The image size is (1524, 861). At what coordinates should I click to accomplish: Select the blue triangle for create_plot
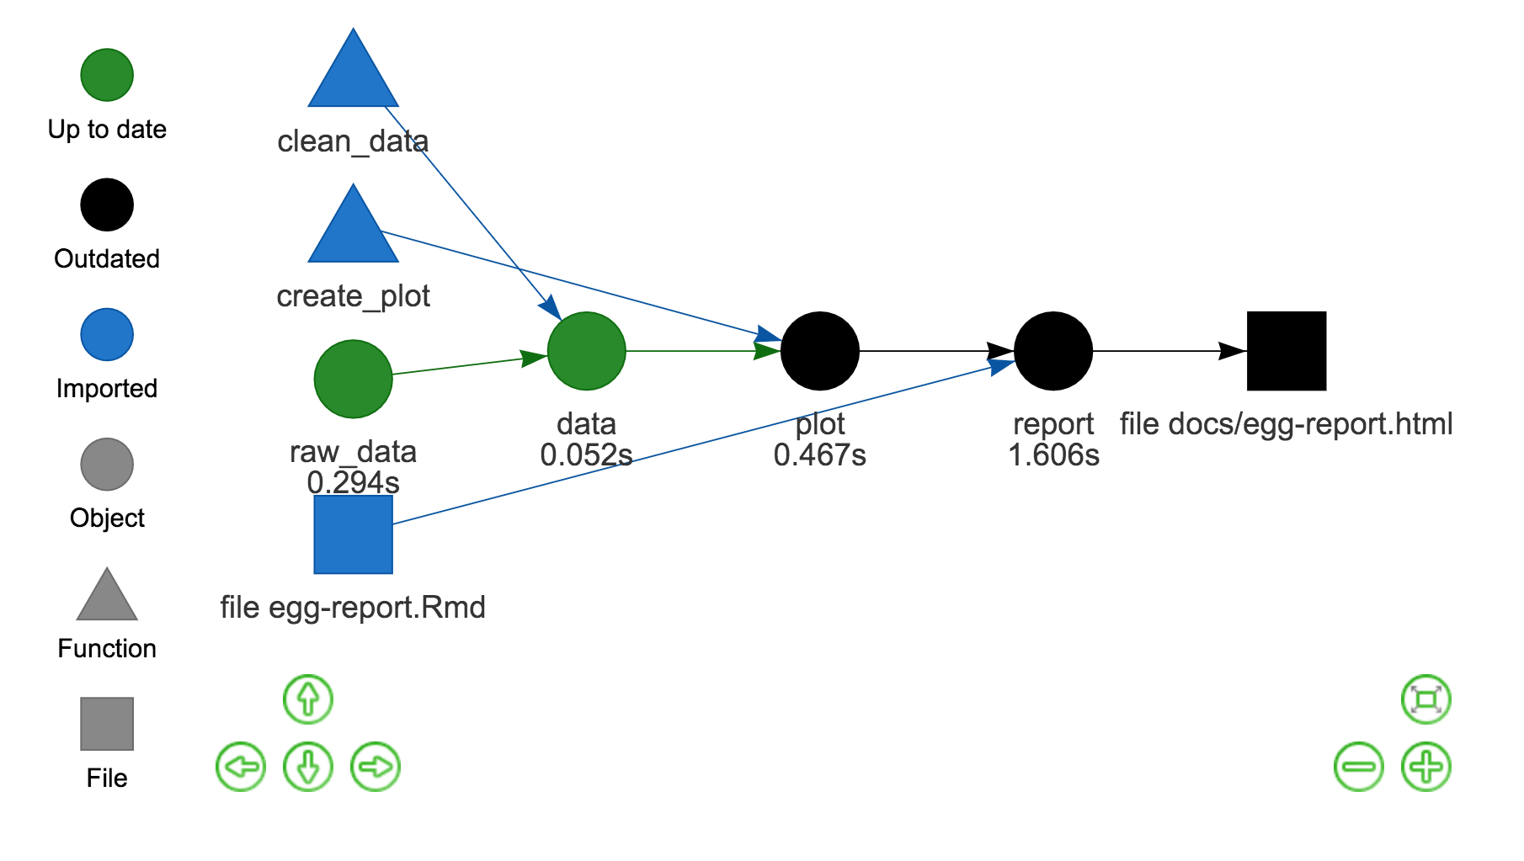(353, 232)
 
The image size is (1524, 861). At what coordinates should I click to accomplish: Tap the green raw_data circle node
(353, 379)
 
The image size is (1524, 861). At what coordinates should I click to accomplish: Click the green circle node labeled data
(586, 351)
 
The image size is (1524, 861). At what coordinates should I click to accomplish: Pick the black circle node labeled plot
(819, 351)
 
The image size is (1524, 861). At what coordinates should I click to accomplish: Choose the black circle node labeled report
(1052, 351)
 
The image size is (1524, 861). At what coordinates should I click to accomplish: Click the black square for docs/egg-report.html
(1286, 351)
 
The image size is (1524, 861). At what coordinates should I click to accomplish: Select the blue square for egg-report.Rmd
(353, 534)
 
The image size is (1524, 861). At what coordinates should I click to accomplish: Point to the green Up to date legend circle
(107, 75)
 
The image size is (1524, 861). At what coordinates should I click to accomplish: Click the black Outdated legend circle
(107, 205)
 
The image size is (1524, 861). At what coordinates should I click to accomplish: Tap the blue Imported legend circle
(107, 334)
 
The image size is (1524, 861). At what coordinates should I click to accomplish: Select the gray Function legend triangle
(107, 598)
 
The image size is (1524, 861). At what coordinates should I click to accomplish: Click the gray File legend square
(107, 724)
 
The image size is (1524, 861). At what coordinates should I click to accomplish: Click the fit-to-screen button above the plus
(1425, 699)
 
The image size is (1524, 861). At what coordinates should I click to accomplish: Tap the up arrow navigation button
(308, 699)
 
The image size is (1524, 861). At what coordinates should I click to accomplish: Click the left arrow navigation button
(241, 767)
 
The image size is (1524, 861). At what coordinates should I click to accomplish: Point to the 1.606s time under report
(1053, 455)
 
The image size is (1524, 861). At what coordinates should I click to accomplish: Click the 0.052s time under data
(586, 455)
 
